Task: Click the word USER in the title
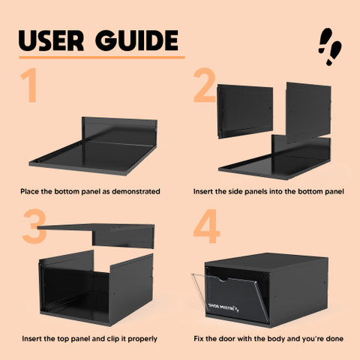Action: pyautogui.click(x=51, y=40)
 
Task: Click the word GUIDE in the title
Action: pyautogui.click(x=136, y=40)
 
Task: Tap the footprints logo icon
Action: pyautogui.click(x=330, y=46)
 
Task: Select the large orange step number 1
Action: pyautogui.click(x=29, y=85)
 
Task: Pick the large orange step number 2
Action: pyautogui.click(x=205, y=85)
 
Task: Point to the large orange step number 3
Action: pyautogui.click(x=34, y=226)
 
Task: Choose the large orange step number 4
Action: pyautogui.click(x=206, y=226)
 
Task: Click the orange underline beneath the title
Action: pyautogui.click(x=102, y=58)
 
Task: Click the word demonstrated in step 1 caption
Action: pyautogui.click(x=136, y=191)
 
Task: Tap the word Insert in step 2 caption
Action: pyautogui.click(x=203, y=191)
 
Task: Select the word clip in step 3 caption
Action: pyautogui.click(x=113, y=339)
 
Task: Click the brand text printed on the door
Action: pyautogui.click(x=223, y=307)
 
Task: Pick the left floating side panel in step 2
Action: pyautogui.click(x=245, y=111)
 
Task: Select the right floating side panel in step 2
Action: pyautogui.click(x=308, y=112)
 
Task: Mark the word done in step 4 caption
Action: pyautogui.click(x=334, y=339)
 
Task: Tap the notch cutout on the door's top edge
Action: pyautogui.click(x=222, y=279)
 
